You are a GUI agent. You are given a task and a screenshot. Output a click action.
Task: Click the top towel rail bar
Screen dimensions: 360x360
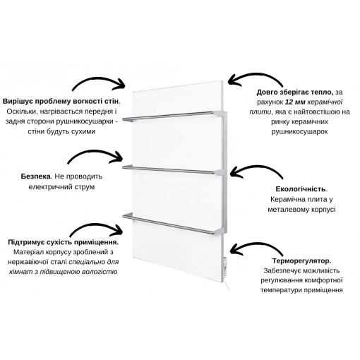pos(169,116)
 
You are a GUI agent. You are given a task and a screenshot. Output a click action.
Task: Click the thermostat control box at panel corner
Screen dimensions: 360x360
pos(225,267)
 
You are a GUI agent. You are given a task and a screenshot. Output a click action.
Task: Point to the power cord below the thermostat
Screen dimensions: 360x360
pos(227,284)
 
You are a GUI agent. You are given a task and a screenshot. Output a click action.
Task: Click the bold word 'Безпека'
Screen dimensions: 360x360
pos(36,176)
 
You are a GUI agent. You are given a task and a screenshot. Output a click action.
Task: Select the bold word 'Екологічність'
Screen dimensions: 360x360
pos(301,189)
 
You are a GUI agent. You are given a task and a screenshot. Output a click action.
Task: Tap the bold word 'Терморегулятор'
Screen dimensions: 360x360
pos(301,260)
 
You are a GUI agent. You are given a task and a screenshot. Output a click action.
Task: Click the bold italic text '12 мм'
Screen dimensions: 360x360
pos(295,102)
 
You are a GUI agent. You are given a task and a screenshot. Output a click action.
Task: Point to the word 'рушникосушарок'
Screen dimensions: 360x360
pos(299,132)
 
